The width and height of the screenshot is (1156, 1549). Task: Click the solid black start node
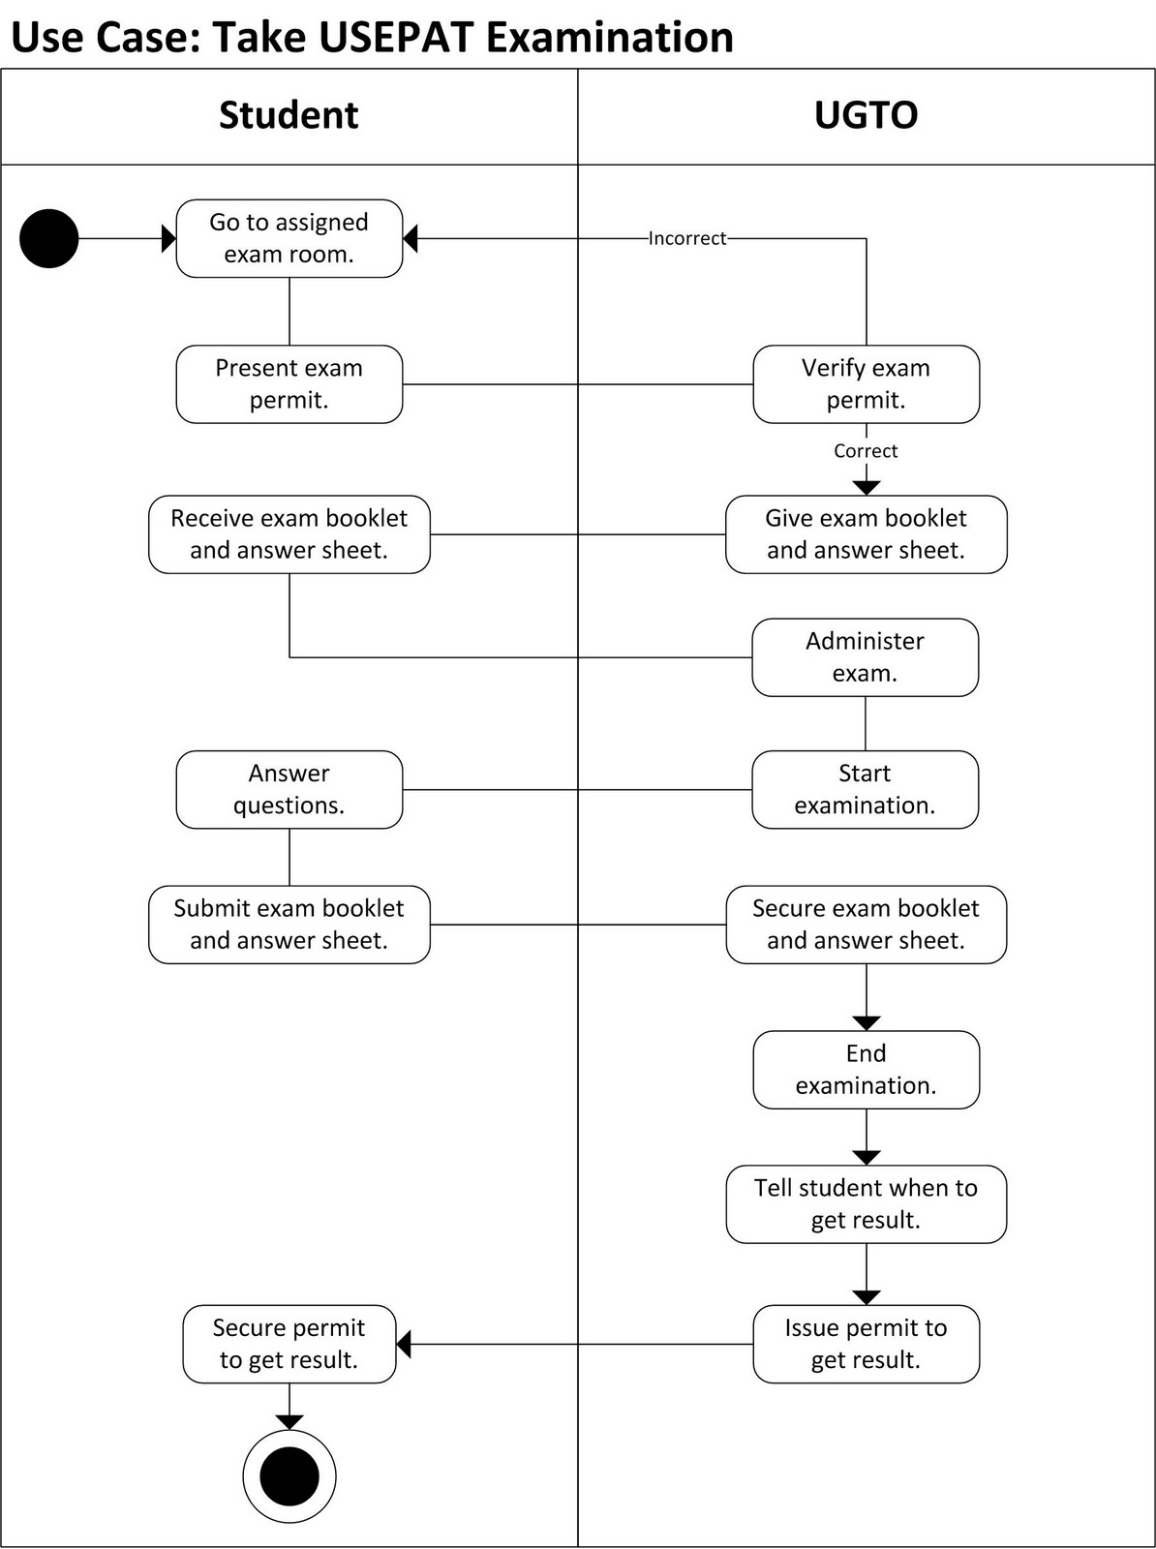tap(48, 238)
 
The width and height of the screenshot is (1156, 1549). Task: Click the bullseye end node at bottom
tap(289, 1476)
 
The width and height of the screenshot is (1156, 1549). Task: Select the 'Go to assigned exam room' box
tap(289, 238)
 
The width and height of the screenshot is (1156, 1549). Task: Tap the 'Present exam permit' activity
tap(289, 383)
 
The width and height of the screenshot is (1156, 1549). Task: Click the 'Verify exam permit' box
tap(866, 383)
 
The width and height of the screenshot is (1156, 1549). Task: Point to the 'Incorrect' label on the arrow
tap(686, 238)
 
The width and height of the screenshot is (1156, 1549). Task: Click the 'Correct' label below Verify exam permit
tap(866, 451)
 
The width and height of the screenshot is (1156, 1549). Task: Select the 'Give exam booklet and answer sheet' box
tap(866, 534)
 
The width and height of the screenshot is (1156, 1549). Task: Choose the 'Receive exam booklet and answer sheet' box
tap(289, 534)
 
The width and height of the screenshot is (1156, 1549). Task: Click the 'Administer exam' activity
tap(865, 657)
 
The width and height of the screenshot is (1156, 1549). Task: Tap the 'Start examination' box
tap(865, 789)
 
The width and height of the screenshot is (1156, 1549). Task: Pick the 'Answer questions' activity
tap(289, 789)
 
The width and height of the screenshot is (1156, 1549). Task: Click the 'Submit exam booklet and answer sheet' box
tap(289, 925)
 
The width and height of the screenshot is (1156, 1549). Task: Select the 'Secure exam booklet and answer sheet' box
tap(866, 925)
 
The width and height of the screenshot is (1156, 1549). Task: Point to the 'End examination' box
tap(866, 1070)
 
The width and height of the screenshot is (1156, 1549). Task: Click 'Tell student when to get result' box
tap(866, 1204)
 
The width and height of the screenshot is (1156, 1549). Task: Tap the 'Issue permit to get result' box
tap(866, 1344)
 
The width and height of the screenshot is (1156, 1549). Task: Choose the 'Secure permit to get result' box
tap(289, 1344)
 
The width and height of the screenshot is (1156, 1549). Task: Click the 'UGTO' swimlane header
tap(866, 115)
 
